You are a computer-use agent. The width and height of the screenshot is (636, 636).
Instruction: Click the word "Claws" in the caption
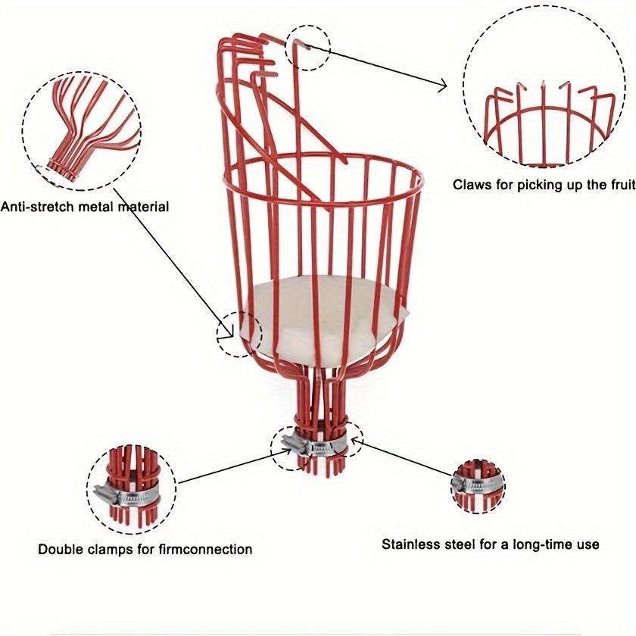(472, 184)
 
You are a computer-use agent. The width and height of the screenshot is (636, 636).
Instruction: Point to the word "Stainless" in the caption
(410, 544)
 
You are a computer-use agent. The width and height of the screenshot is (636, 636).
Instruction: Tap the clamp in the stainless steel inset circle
(477, 482)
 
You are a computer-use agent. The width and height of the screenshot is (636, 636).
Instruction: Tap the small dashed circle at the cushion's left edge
(239, 335)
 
